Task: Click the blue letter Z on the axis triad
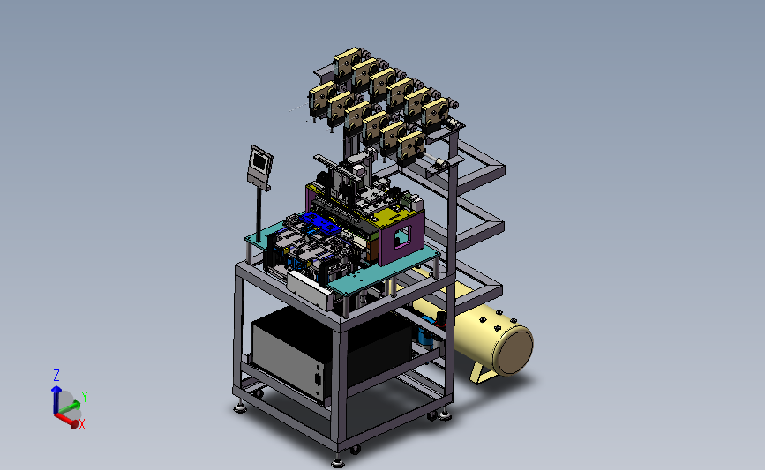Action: pyautogui.click(x=56, y=376)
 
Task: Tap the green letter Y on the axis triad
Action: pyautogui.click(x=85, y=397)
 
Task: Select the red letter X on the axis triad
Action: pyautogui.click(x=82, y=425)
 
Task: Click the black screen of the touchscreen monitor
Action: pyautogui.click(x=260, y=160)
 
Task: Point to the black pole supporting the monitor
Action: pyautogui.click(x=259, y=214)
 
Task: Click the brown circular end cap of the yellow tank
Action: pyautogui.click(x=513, y=349)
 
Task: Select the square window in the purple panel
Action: pyautogui.click(x=402, y=236)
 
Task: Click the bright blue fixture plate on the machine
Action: pyautogui.click(x=320, y=223)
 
